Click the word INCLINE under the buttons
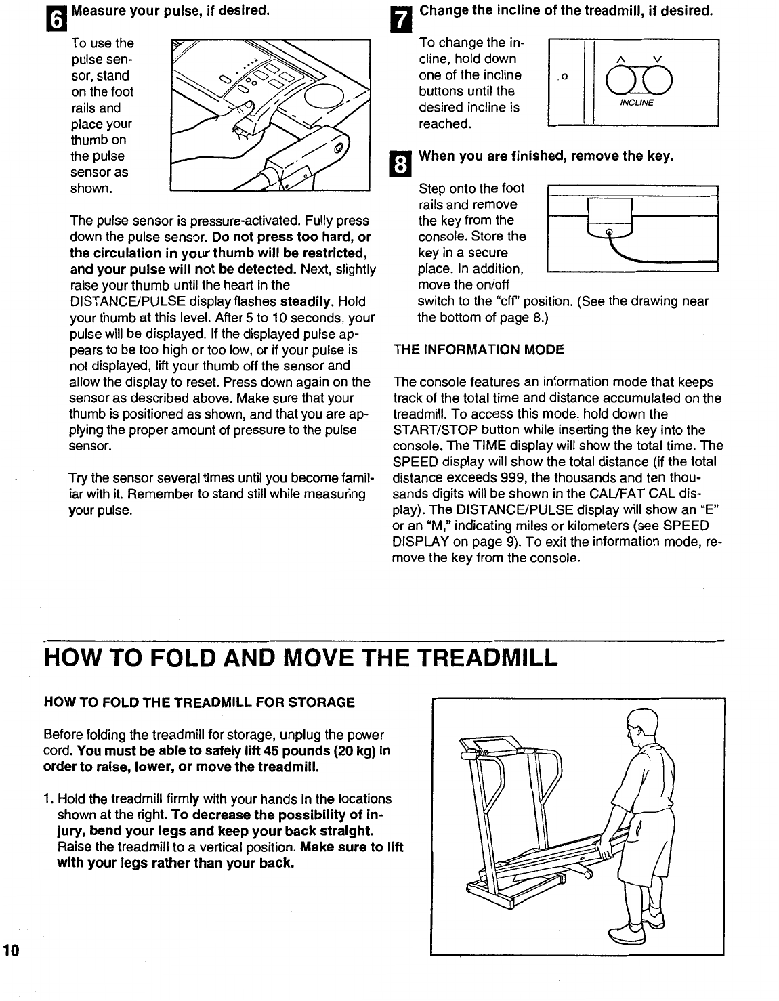[636, 103]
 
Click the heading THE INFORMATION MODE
[479, 350]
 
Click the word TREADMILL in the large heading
[486, 656]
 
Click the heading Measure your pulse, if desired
[170, 11]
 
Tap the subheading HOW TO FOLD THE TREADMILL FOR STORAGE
[198, 702]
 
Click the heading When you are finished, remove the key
[547, 156]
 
